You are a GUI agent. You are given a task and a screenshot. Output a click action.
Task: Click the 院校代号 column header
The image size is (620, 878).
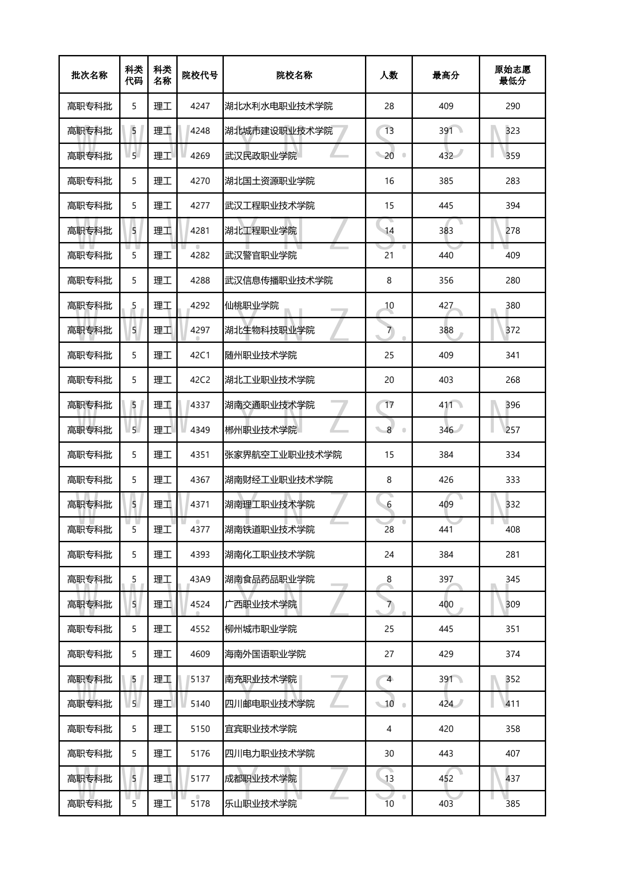[200, 75]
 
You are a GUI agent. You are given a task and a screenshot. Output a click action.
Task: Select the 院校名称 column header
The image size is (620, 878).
[294, 75]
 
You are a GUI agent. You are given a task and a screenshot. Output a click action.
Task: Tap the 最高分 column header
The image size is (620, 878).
[445, 75]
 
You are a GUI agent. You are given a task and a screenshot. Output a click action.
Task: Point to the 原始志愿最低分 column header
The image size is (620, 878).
[512, 75]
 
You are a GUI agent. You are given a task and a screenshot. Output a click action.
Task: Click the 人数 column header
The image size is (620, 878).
[389, 75]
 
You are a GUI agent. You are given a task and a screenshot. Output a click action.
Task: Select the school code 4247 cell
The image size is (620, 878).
[200, 106]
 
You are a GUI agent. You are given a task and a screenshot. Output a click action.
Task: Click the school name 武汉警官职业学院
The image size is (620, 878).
[261, 255]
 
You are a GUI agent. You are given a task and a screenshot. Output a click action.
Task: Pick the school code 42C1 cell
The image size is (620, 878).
[200, 355]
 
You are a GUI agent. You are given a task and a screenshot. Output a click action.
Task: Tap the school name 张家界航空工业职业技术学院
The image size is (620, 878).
[283, 455]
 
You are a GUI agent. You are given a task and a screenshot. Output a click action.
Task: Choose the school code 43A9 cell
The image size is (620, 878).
[200, 579]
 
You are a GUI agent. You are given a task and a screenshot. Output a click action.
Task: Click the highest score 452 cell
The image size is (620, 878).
[445, 779]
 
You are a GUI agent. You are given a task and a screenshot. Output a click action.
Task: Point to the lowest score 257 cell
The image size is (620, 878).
[512, 430]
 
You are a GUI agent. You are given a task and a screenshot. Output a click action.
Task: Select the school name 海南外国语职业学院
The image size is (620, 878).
[265, 654]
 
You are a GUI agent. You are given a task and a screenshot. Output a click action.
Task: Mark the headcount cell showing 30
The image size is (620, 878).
[389, 753]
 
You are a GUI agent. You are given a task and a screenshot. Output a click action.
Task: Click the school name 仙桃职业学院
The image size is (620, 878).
[252, 305]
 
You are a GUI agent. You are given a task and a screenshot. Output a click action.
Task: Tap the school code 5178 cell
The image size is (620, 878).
[200, 804]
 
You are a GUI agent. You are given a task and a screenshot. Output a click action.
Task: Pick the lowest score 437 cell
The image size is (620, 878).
[512, 779]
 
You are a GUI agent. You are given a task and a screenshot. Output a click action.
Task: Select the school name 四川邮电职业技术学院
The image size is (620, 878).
[270, 704]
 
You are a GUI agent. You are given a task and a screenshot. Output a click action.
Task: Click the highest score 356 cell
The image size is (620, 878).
[445, 280]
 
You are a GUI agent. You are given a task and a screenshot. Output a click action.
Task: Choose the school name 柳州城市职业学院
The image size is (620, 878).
[261, 629]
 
